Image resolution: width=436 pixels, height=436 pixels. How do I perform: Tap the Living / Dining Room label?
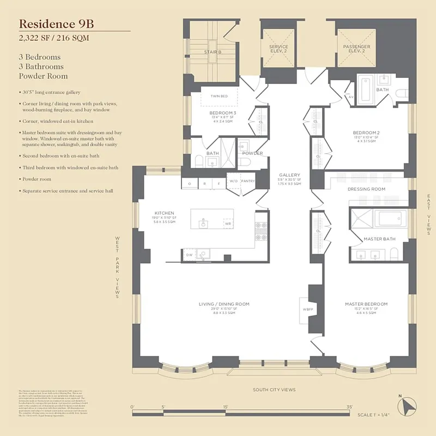pyautogui.click(x=223, y=304)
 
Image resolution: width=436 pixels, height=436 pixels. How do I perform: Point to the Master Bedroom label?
pyautogui.click(x=366, y=304)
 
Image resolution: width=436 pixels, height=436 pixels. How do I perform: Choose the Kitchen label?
pyautogui.click(x=164, y=213)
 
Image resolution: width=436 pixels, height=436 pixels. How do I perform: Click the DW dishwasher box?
pyautogui.click(x=189, y=255)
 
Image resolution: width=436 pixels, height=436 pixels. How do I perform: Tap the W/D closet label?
pyautogui.click(x=233, y=181)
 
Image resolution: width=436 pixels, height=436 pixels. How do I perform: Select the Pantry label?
pyautogui.click(x=247, y=181)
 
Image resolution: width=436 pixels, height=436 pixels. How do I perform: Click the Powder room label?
pyautogui.click(x=252, y=153)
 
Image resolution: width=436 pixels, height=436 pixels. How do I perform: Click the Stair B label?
pyautogui.click(x=213, y=52)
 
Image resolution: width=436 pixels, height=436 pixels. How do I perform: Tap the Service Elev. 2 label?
pyautogui.click(x=278, y=49)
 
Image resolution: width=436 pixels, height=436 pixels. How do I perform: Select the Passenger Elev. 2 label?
pyautogui.click(x=356, y=49)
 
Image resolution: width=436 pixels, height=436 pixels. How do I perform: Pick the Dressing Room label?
pyautogui.click(x=366, y=189)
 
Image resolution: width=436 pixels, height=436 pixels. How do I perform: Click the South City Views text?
pyautogui.click(x=274, y=390)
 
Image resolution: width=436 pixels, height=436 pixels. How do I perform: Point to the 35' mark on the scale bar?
pyautogui.click(x=349, y=407)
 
